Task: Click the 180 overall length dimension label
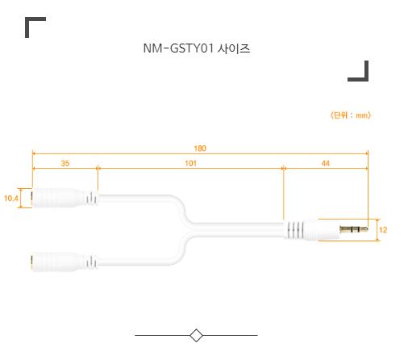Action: [200, 149]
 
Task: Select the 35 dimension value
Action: [65, 163]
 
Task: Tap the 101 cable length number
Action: [191, 163]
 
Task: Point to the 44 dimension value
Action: [326, 163]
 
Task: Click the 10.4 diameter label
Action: [11, 199]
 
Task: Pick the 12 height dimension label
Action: [383, 230]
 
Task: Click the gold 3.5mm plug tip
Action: [354, 229]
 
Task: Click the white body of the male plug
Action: [321, 230]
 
